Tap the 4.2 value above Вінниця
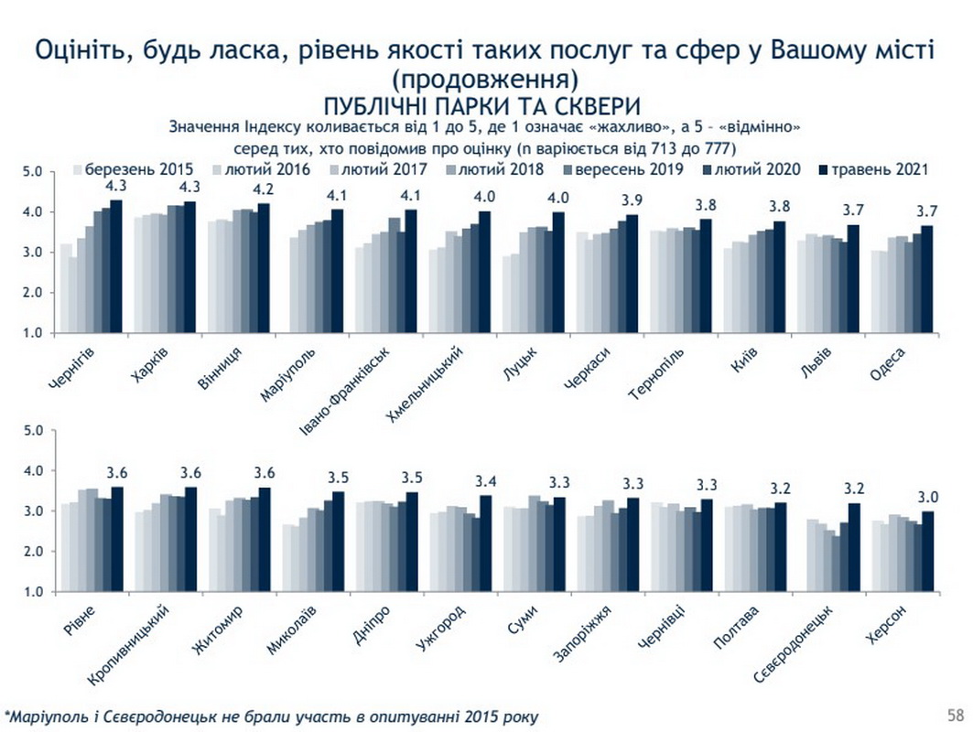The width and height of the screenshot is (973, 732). (x=263, y=189)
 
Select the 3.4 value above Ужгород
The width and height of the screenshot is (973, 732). (x=486, y=481)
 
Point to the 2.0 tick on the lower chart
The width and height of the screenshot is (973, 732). (x=33, y=552)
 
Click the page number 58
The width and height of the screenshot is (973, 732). (x=955, y=714)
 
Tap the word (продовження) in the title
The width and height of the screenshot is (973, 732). (x=485, y=76)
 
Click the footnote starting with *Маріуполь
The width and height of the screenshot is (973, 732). (x=272, y=715)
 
